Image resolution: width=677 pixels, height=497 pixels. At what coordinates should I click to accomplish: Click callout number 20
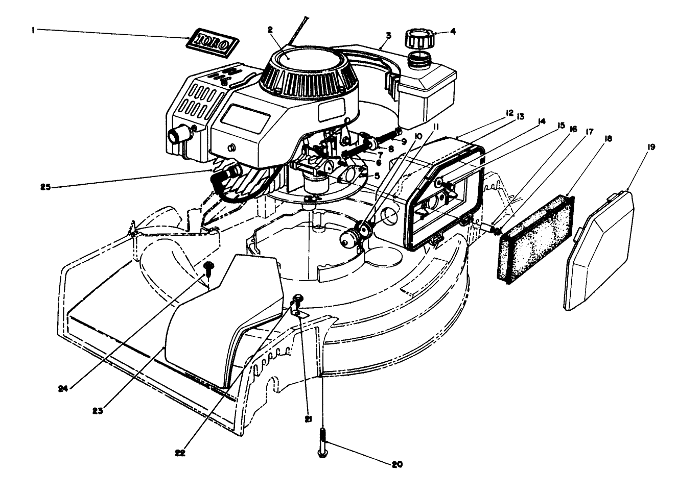click(397, 464)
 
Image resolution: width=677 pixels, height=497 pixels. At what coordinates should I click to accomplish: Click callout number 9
click(403, 141)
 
